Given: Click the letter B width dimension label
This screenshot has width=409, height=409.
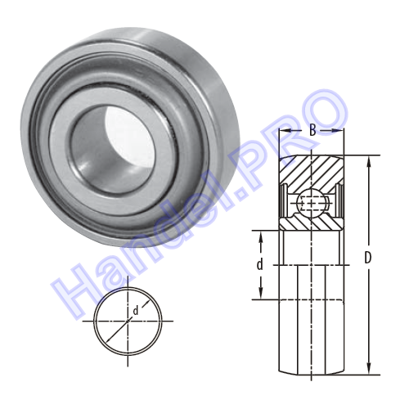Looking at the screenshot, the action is point(312,131).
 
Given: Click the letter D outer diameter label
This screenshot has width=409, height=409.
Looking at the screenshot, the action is point(368,258).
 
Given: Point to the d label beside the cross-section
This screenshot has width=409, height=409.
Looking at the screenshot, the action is point(260,264).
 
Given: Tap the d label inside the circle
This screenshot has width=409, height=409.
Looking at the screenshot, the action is point(136,310).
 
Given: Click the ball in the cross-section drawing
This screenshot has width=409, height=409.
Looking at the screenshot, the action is point(311,203).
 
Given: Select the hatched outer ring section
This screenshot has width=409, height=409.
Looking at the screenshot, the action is point(311,173).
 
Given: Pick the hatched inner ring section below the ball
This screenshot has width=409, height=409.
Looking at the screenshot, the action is point(311,223).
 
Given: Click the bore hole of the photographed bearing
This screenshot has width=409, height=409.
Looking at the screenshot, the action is point(113,150).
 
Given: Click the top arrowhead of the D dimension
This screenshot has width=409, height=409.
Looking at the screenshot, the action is point(369,162).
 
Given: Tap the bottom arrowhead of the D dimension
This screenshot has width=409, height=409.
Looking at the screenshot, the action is point(369,368).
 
